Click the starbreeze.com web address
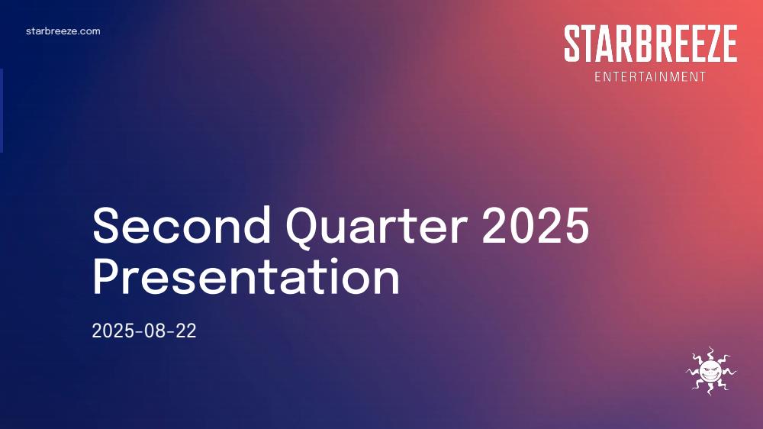[63, 31]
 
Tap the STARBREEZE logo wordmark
[651, 44]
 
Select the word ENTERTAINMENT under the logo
[650, 77]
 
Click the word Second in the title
[182, 225]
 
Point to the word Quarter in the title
[376, 228]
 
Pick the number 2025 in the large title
[536, 225]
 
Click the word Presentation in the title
[246, 276]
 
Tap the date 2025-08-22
[144, 331]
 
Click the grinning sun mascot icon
[711, 371]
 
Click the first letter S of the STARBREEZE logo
[573, 44]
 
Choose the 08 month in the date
[154, 331]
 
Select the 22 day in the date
[185, 331]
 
